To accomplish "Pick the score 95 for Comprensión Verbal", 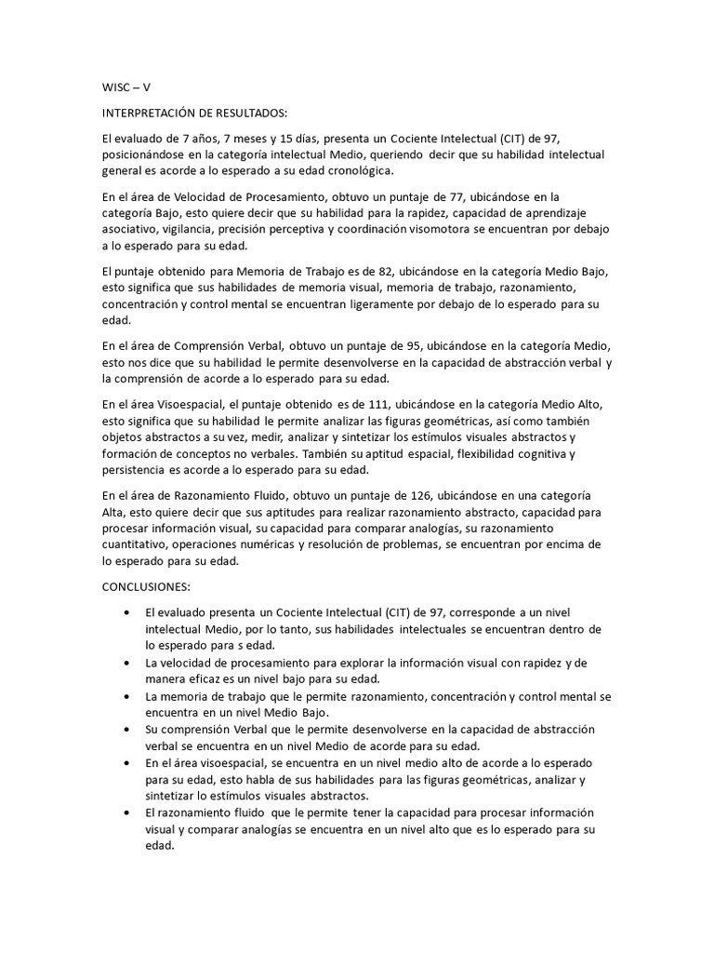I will point(423,344).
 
